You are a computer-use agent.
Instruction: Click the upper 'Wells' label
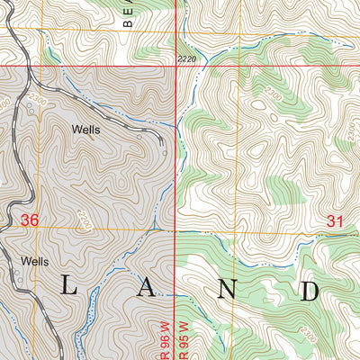tap(86, 129)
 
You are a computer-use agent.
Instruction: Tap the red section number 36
tap(30, 220)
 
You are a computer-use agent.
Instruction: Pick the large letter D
tap(310, 290)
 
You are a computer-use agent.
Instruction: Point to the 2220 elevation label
tap(186, 58)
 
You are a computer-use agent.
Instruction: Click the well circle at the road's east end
tap(166, 152)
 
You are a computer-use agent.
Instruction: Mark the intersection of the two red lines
tap(174, 66)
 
